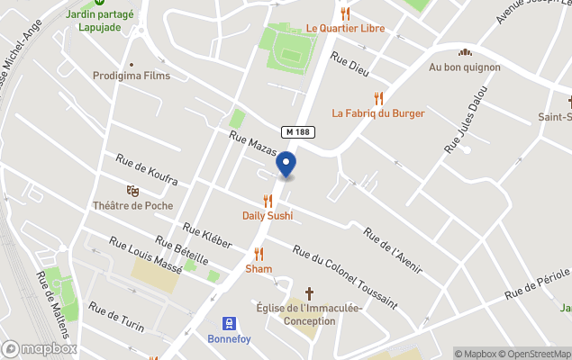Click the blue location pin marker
point(286,165)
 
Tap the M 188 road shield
point(298,131)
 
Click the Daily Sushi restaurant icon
point(268,201)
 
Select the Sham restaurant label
point(259,268)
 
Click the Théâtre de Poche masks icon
point(132,191)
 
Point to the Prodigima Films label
point(132,76)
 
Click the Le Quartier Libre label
point(345,28)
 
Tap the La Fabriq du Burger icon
point(379,98)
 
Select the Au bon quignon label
point(465,67)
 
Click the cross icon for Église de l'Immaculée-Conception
point(309,293)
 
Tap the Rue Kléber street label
point(206,236)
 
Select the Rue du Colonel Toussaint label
point(344,274)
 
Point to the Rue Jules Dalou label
point(466,118)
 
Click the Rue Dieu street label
point(350,64)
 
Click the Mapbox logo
point(40,348)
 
